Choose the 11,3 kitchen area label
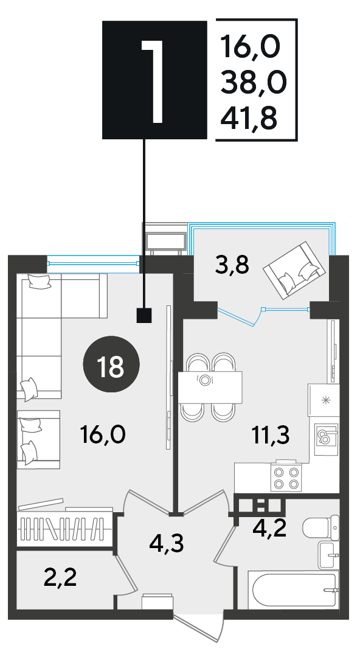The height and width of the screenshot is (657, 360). (x=271, y=436)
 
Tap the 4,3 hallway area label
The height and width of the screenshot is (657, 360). (x=167, y=543)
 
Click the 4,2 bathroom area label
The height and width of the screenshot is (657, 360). (x=269, y=529)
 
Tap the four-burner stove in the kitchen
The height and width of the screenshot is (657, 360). (x=286, y=478)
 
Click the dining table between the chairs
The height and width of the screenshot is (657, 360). (x=210, y=387)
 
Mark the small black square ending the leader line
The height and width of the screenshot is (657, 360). (x=144, y=316)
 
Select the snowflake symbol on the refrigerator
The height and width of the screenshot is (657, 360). (x=324, y=400)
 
